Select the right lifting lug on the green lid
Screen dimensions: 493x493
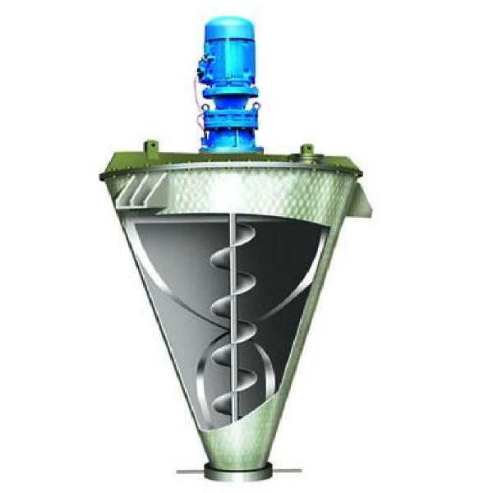click(308, 150)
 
